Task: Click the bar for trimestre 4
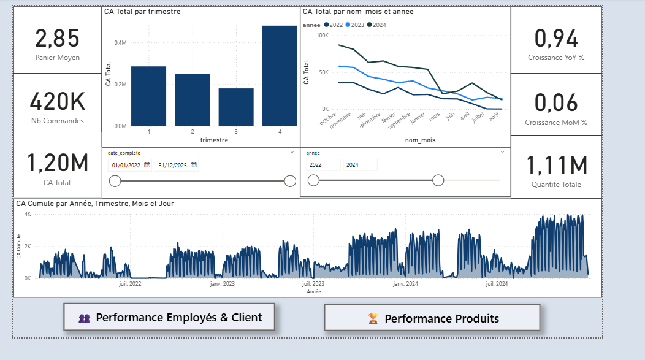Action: pyautogui.click(x=280, y=75)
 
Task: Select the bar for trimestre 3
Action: pyautogui.click(x=236, y=107)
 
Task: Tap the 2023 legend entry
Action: pyautogui.click(x=354, y=25)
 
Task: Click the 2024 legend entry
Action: pyautogui.click(x=376, y=25)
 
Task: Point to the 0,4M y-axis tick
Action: pyautogui.click(x=121, y=43)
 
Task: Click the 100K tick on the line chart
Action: pyautogui.click(x=322, y=36)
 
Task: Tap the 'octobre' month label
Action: pyautogui.click(x=328, y=118)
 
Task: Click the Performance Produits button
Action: pyautogui.click(x=432, y=318)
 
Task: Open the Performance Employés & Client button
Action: pyautogui.click(x=169, y=317)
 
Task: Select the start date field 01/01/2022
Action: pyautogui.click(x=126, y=165)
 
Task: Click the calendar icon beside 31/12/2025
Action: pyautogui.click(x=194, y=164)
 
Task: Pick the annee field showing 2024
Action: pyautogui.click(x=360, y=164)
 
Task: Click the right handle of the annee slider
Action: pyautogui.click(x=438, y=180)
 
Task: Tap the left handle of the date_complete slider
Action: pyautogui.click(x=115, y=181)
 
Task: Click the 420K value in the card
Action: pyautogui.click(x=58, y=102)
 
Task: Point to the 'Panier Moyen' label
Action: pyautogui.click(x=58, y=58)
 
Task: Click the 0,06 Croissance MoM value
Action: pyautogui.click(x=556, y=103)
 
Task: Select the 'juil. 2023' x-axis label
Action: pyautogui.click(x=313, y=284)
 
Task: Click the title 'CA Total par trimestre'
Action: pyautogui.click(x=142, y=12)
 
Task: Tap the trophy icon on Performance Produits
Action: pyautogui.click(x=373, y=318)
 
